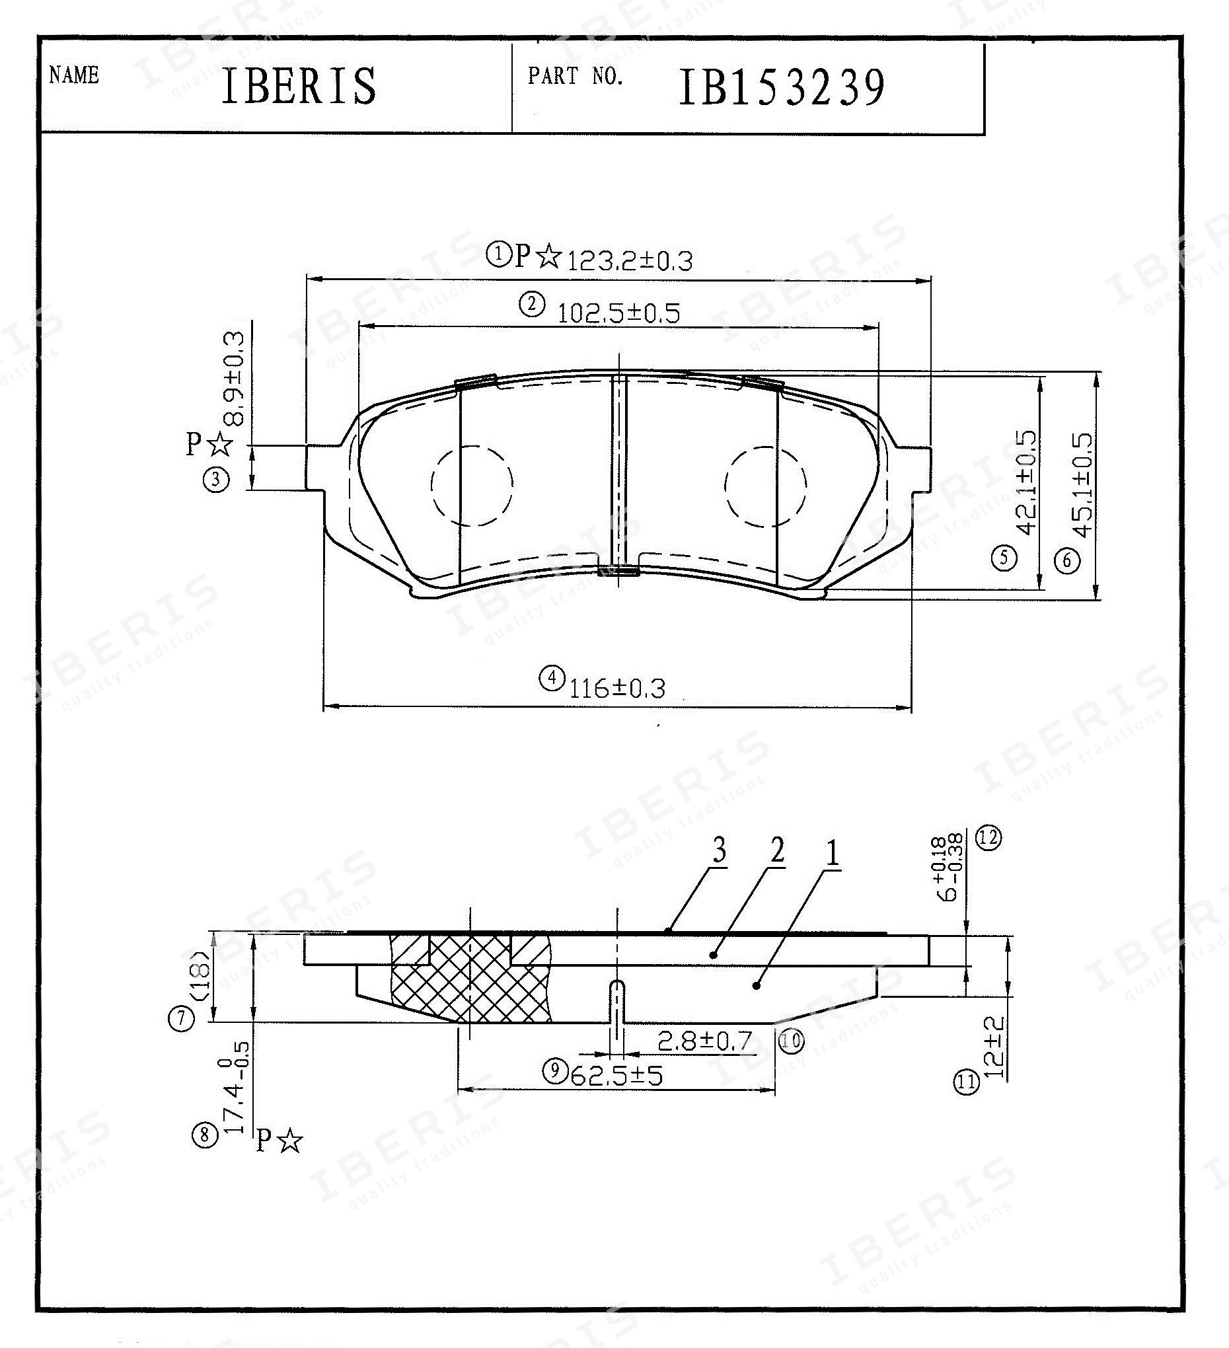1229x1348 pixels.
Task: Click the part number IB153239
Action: click(x=782, y=88)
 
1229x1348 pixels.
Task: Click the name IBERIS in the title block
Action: click(x=298, y=86)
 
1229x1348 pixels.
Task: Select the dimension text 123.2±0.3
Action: click(x=629, y=261)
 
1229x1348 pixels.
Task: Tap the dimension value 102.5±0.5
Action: click(x=618, y=313)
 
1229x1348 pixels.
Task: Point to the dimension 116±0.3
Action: click(x=617, y=688)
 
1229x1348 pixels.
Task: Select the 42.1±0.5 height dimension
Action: click(x=1027, y=483)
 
